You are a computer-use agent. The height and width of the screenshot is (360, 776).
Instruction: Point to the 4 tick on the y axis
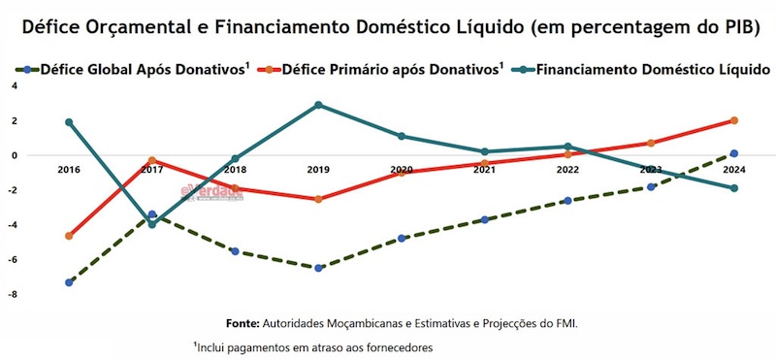point(15,85)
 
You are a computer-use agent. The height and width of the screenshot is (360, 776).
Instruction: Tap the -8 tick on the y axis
point(13,294)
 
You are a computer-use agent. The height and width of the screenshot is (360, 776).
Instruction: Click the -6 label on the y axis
point(13,259)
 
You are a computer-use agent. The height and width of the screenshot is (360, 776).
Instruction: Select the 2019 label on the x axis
point(318,170)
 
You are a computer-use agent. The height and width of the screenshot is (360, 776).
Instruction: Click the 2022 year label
point(567,170)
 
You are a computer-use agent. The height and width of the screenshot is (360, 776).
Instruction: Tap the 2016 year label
point(69,170)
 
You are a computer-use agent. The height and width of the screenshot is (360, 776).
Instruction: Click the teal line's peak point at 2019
point(318,105)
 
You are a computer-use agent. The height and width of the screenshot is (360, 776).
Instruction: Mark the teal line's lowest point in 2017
point(152,225)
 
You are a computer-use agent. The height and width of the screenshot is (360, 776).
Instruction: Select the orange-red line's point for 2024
point(734,120)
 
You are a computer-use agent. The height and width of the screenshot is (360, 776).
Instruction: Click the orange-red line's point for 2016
point(69,236)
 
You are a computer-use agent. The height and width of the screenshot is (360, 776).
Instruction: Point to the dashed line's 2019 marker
point(318,268)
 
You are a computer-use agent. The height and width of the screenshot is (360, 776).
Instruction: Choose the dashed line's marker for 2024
point(734,153)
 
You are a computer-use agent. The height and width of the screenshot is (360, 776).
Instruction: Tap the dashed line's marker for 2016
point(69,282)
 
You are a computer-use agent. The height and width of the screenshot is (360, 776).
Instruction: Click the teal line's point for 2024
point(734,188)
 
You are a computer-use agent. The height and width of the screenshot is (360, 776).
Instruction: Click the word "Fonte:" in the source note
point(242,322)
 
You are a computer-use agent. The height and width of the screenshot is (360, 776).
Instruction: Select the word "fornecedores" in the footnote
point(399,346)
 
